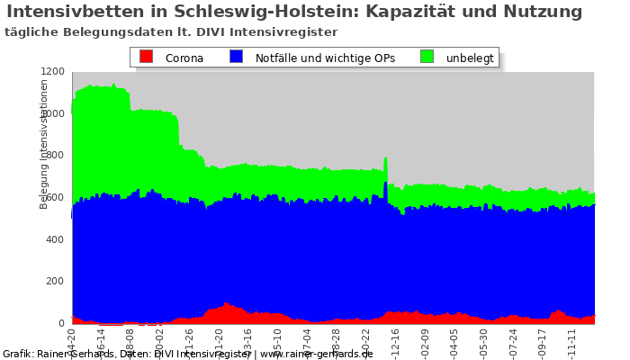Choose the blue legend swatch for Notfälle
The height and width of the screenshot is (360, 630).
tap(236, 57)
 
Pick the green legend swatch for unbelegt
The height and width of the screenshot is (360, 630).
tap(427, 57)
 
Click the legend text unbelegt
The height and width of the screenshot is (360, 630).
tap(470, 58)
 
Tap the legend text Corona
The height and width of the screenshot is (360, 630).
tap(184, 58)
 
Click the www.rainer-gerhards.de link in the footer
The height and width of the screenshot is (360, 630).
tap(316, 354)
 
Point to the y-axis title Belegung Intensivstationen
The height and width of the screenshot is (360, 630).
tap(44, 144)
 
